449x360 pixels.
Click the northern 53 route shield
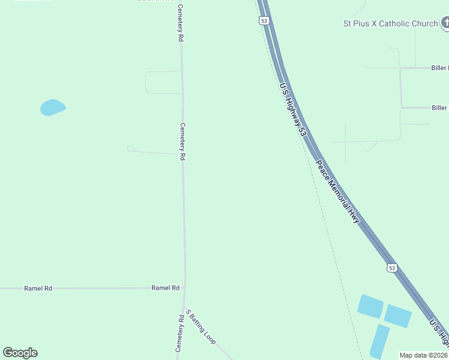264,21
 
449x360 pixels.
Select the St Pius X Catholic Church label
390,23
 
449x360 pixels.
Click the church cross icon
445,23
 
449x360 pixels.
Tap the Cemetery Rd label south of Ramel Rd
179,334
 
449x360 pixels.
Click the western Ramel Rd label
38,289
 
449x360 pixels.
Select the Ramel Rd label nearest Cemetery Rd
166,288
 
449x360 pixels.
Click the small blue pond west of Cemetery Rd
52,107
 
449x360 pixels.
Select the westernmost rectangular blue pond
370,306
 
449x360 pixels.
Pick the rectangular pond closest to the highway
397,316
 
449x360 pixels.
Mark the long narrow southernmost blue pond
379,341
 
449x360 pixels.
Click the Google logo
20,353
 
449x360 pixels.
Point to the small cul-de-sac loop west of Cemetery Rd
130,148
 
